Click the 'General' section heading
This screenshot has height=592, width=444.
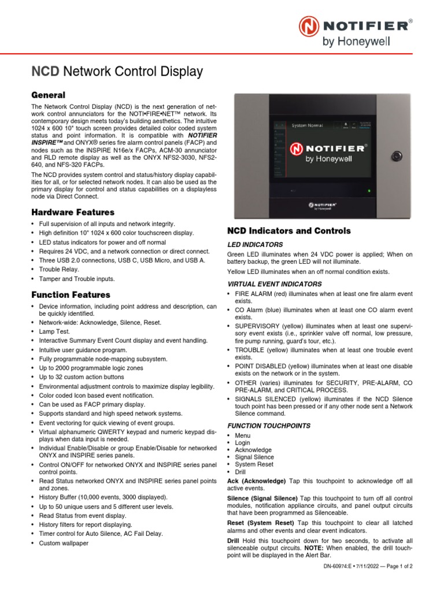48,95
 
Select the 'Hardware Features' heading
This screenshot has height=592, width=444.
72,212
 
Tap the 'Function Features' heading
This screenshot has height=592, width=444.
71,295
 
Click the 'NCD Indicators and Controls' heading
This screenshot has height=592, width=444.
288,231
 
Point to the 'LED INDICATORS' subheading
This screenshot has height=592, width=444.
255,245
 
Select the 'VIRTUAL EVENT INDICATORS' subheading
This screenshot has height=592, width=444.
275,284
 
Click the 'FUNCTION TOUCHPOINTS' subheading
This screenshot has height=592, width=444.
268,425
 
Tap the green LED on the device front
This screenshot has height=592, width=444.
368,190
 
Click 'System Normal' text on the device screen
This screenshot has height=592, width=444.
307,125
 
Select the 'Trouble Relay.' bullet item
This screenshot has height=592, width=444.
59,269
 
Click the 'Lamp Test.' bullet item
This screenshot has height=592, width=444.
54,331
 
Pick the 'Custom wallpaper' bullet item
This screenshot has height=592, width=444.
64,543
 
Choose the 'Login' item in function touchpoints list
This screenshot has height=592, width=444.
242,442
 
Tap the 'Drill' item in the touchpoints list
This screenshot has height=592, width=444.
240,472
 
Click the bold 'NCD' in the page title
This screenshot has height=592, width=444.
45,72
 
